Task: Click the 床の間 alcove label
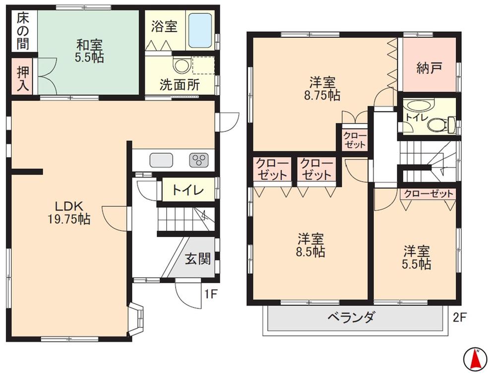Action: (x=22, y=30)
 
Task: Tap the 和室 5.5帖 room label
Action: (x=89, y=50)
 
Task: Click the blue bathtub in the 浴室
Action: (x=201, y=30)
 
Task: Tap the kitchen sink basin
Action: (x=161, y=160)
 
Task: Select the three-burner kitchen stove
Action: (x=199, y=160)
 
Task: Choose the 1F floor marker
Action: (x=211, y=294)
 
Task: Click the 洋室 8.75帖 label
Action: (x=323, y=88)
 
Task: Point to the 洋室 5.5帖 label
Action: (x=416, y=257)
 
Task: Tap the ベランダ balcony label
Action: (x=351, y=318)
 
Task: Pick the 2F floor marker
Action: (x=460, y=316)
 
